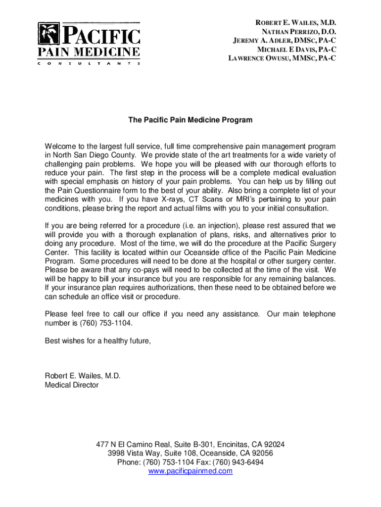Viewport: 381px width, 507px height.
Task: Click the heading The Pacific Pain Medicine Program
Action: [190, 120]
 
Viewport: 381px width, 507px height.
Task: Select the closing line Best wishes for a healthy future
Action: [97, 341]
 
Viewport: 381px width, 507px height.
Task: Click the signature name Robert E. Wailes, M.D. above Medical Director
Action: [83, 376]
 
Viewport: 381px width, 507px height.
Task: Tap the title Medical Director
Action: [72, 385]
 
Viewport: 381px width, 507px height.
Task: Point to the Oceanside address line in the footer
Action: [190, 454]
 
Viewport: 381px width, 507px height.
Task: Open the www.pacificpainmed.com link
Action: [190, 471]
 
